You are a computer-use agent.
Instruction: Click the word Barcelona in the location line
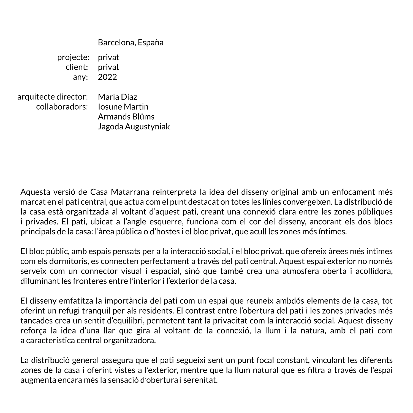[x=116, y=42]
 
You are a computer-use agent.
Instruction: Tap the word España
[x=151, y=42]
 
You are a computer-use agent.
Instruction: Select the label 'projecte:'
[x=73, y=57]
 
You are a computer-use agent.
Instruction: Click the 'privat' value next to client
[x=108, y=67]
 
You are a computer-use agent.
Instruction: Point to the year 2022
[x=107, y=77]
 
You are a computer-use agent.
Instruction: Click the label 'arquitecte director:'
[x=53, y=97]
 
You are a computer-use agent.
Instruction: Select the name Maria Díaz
[x=117, y=97]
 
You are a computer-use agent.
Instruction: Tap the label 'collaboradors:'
[x=62, y=107]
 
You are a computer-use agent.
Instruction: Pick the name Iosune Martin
[x=123, y=107]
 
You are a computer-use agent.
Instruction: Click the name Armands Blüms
[x=126, y=117]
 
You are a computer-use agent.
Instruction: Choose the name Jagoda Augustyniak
[x=134, y=127]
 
